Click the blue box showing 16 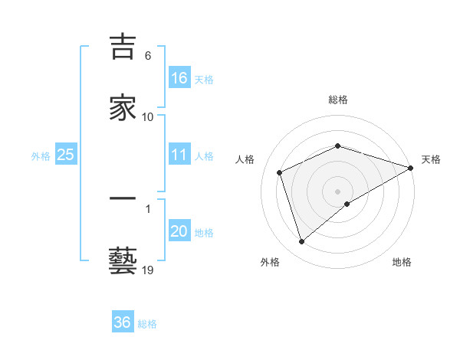pos(179,77)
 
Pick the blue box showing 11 pos(179,155)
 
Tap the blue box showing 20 pos(179,231)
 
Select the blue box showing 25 pos(66,155)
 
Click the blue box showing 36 pos(123,322)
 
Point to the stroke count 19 pos(148,270)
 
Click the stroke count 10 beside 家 pos(148,116)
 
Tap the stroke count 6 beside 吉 pos(148,56)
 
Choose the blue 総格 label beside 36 pos(148,324)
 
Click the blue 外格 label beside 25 pos(41,155)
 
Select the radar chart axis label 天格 pos(431,159)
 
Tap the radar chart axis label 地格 pos(402,262)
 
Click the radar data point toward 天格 pos(411,167)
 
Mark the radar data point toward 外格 pos(301,242)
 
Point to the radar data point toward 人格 pos(280,172)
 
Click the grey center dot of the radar pos(338,191)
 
